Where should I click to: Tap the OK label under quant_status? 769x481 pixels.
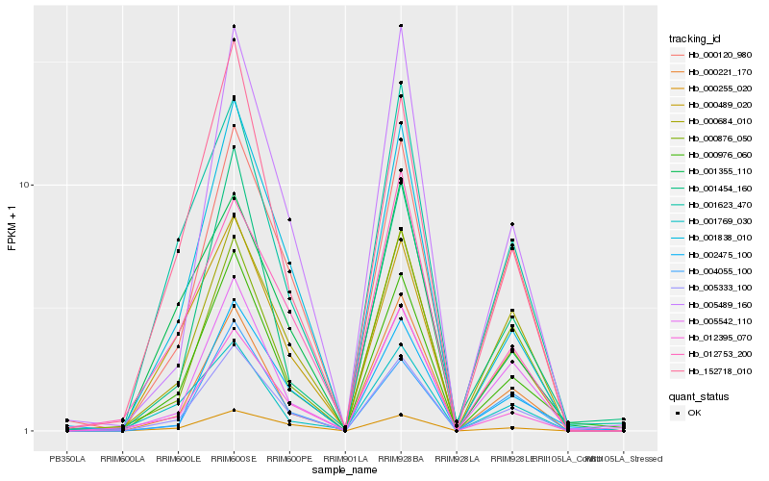pos(694,413)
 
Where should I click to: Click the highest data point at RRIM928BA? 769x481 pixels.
pos(401,26)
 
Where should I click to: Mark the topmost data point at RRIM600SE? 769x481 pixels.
pos(234,26)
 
